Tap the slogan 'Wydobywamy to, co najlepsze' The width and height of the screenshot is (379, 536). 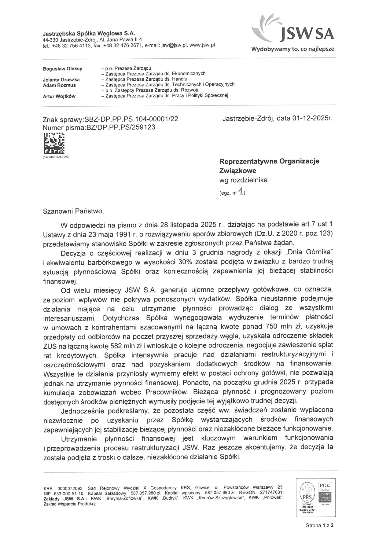pos(293,49)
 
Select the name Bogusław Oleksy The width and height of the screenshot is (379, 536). pos(63,69)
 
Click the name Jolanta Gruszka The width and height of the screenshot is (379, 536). pos(61,80)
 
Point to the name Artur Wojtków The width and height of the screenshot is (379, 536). pos(59,96)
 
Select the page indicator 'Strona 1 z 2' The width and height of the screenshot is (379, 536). pos(319,526)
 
